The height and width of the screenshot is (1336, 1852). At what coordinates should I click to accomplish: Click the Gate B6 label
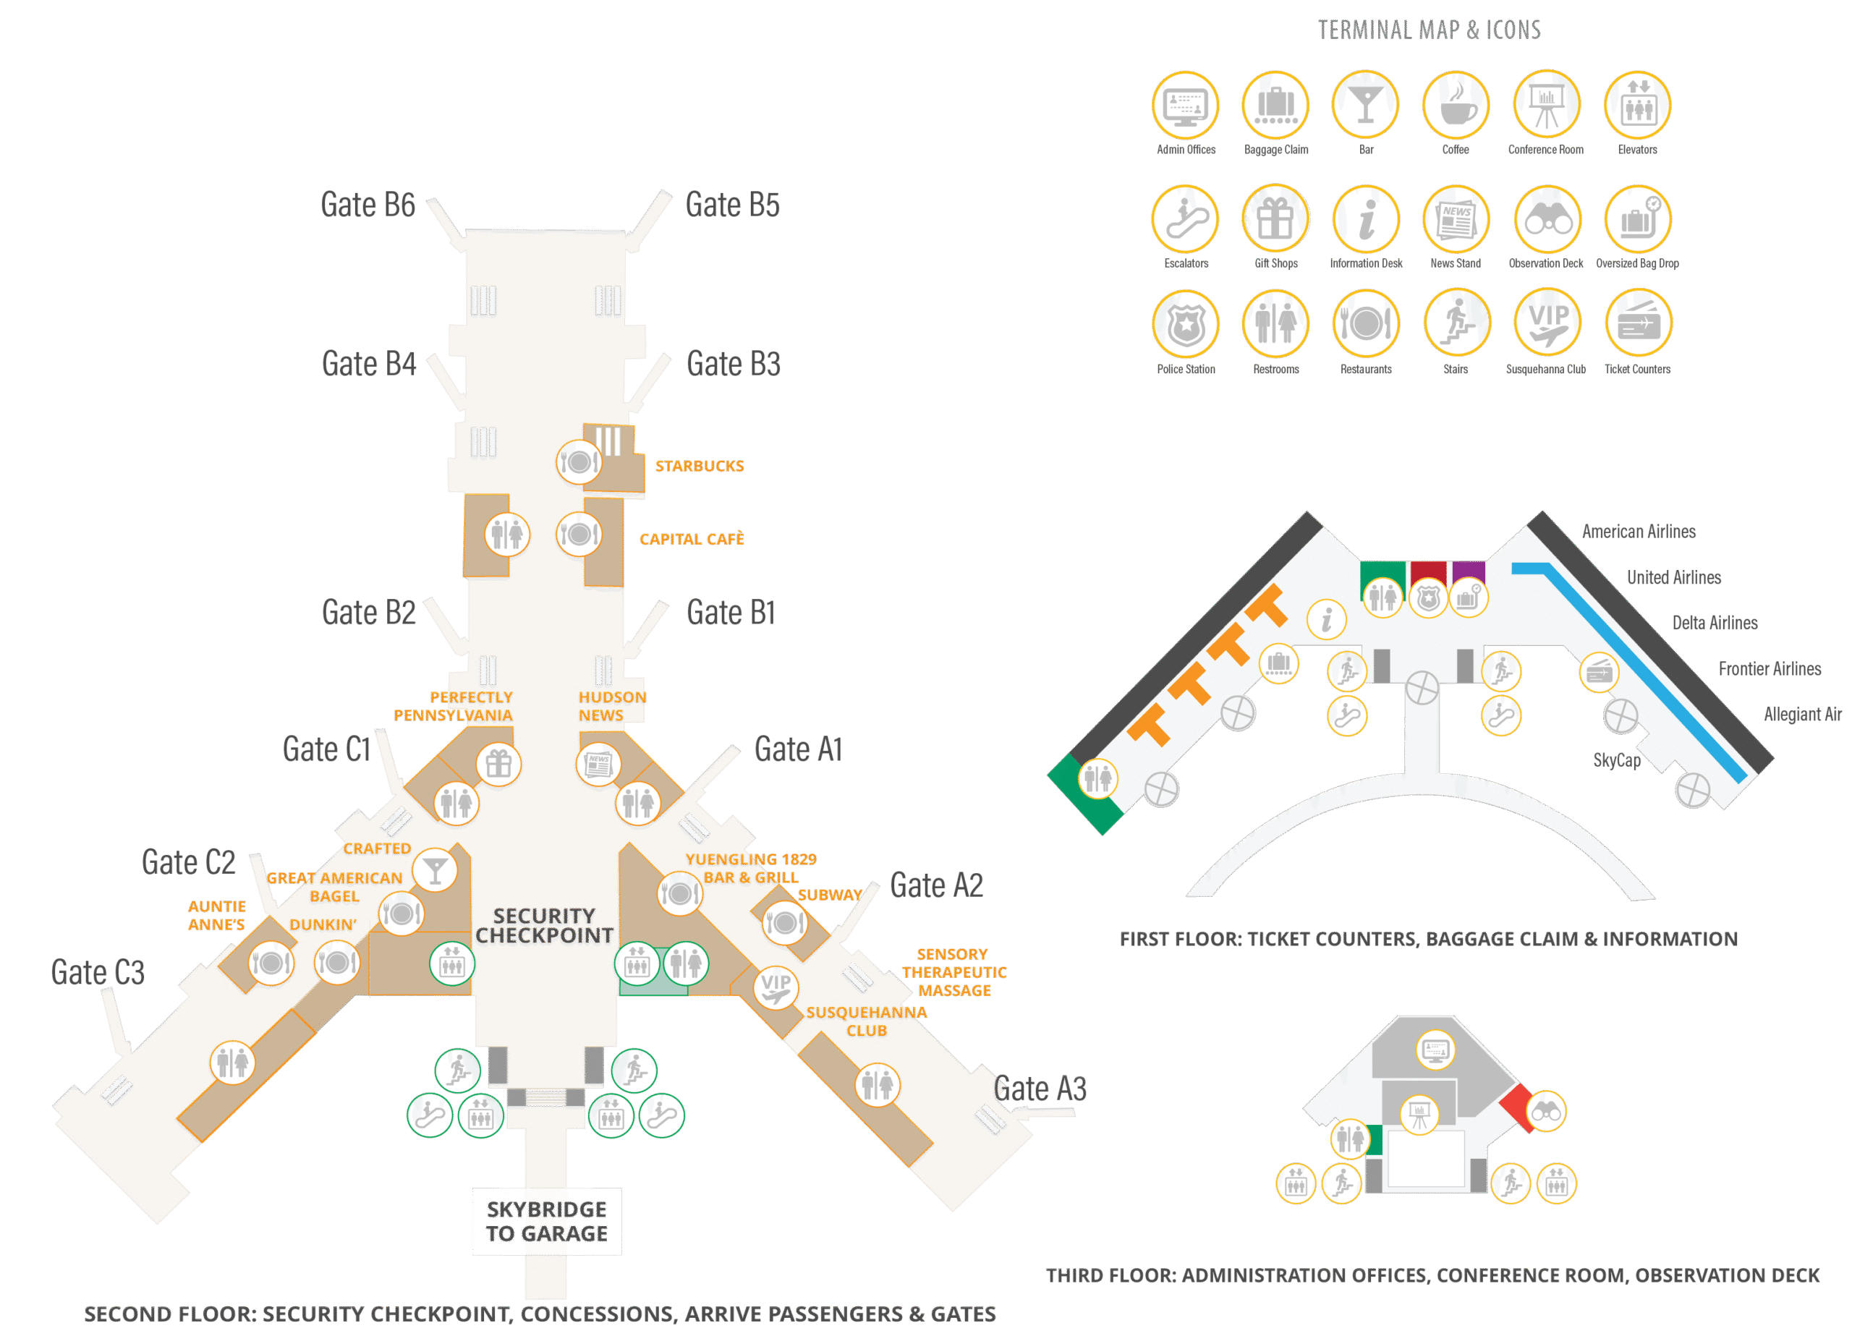click(368, 205)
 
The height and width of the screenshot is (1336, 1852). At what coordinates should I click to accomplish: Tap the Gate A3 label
click(1040, 1089)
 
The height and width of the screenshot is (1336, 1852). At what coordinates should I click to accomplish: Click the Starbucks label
click(699, 467)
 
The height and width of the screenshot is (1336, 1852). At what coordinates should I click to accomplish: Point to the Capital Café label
click(692, 539)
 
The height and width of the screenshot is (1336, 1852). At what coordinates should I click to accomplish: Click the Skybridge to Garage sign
click(547, 1221)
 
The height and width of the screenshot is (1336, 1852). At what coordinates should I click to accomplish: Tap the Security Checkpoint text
click(545, 927)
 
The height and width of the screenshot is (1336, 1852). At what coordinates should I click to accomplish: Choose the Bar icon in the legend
click(1365, 106)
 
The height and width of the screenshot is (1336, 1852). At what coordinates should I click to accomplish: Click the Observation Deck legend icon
click(1547, 219)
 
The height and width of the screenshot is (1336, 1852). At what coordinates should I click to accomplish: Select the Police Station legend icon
click(1186, 324)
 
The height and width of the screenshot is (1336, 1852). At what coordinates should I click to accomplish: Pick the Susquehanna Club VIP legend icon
click(1547, 324)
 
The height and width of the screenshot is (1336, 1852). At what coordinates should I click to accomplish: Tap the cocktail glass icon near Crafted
click(434, 869)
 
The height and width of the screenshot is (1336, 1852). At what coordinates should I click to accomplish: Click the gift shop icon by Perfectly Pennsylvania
click(498, 765)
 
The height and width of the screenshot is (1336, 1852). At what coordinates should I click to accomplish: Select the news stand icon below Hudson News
click(598, 765)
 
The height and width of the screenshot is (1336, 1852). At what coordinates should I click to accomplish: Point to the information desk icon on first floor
click(1327, 620)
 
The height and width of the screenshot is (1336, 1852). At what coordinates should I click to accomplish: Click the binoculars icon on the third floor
click(1546, 1112)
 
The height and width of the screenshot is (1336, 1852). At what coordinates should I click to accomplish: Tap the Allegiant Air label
click(1802, 715)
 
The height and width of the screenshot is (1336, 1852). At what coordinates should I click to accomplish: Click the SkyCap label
click(1616, 760)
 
